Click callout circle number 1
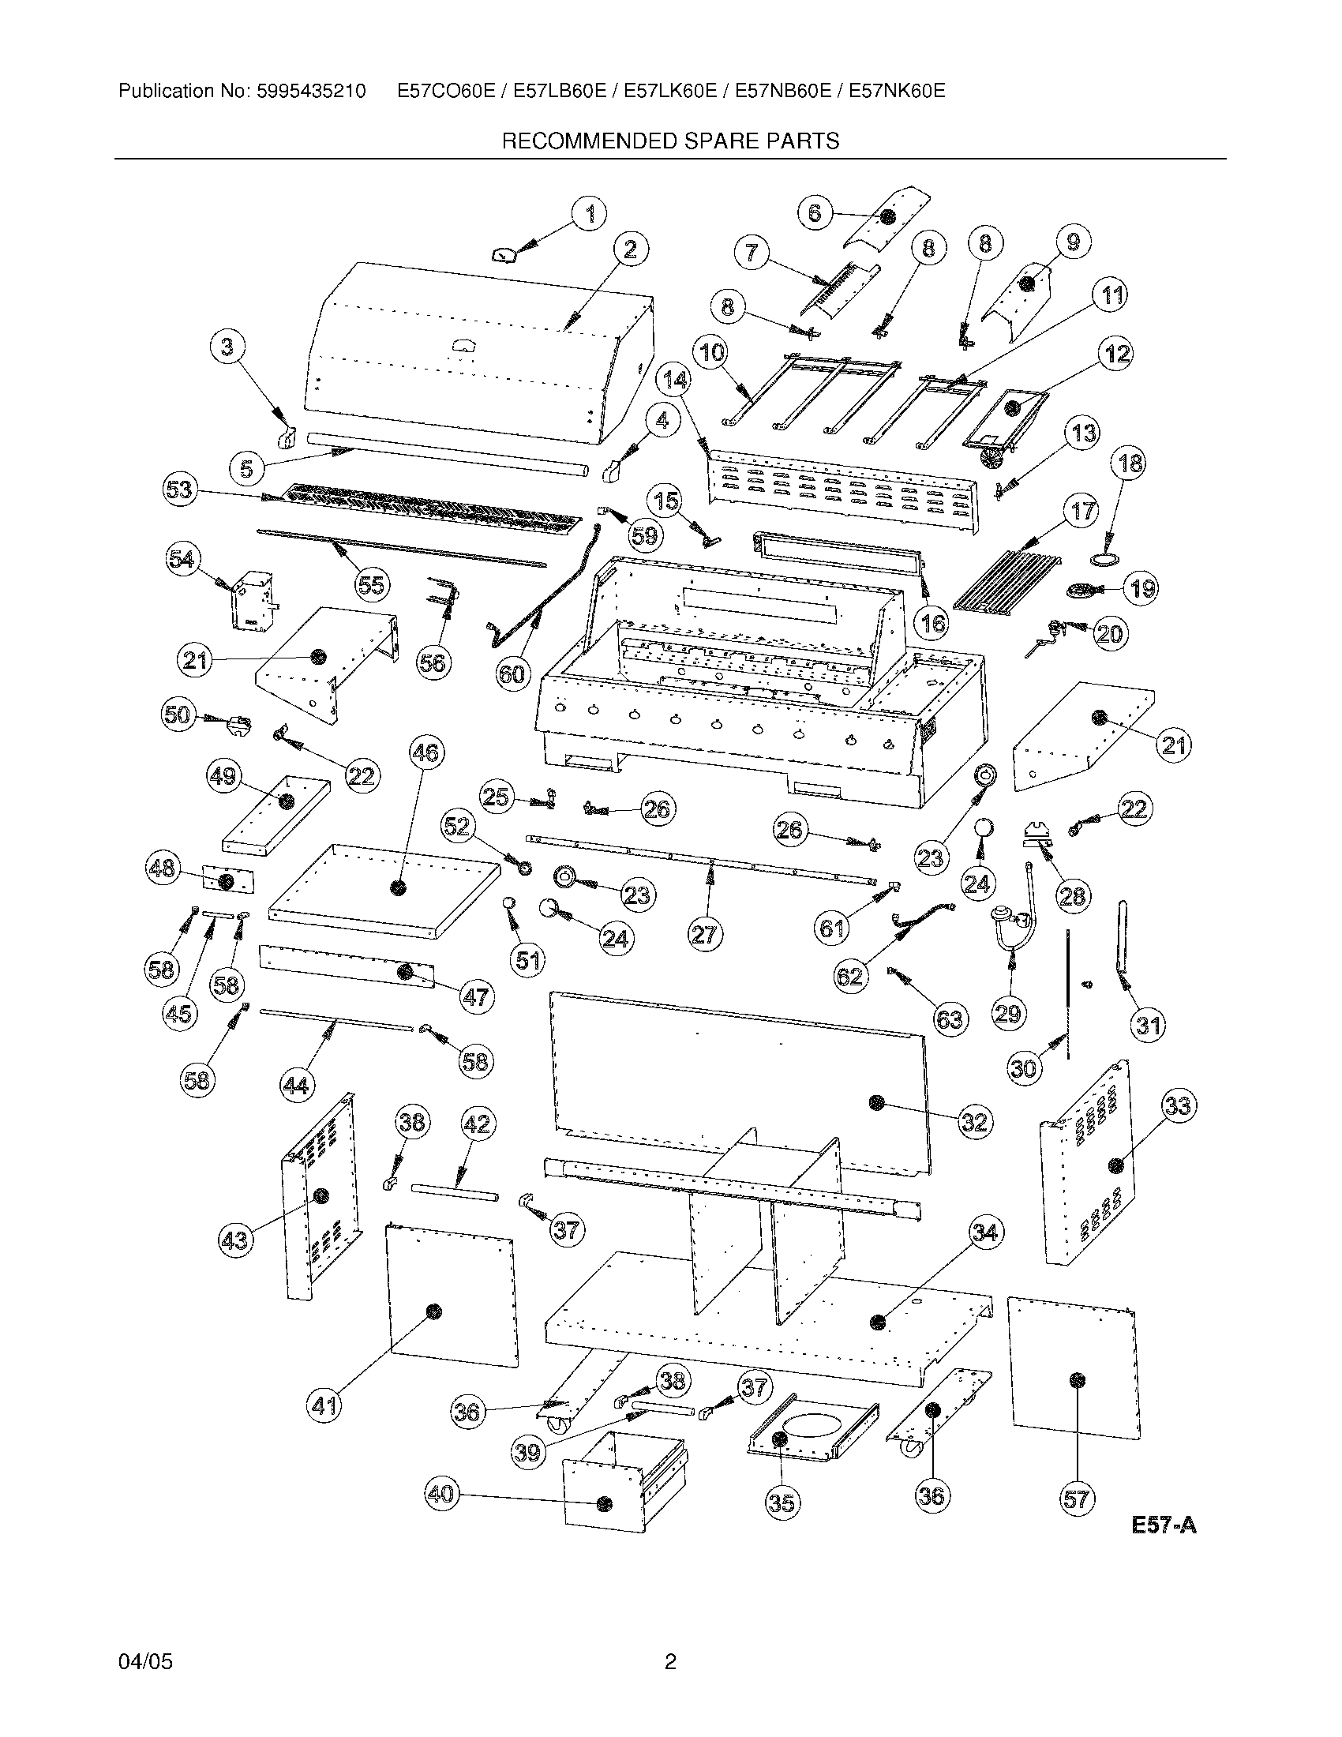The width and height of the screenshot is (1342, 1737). [x=589, y=214]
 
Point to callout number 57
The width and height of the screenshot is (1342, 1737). [x=1076, y=1499]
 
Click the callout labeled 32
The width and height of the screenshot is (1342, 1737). [x=974, y=1121]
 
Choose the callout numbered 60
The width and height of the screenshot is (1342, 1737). [x=512, y=673]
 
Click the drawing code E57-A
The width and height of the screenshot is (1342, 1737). [x=1164, y=1525]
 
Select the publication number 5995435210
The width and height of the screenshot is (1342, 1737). [x=311, y=92]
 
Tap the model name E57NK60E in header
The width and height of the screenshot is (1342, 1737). [x=897, y=92]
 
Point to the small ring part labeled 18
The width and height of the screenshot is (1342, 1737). [x=1102, y=561]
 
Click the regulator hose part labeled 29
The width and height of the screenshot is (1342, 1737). [x=1014, y=914]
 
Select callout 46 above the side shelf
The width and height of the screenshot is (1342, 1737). [x=427, y=752]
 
